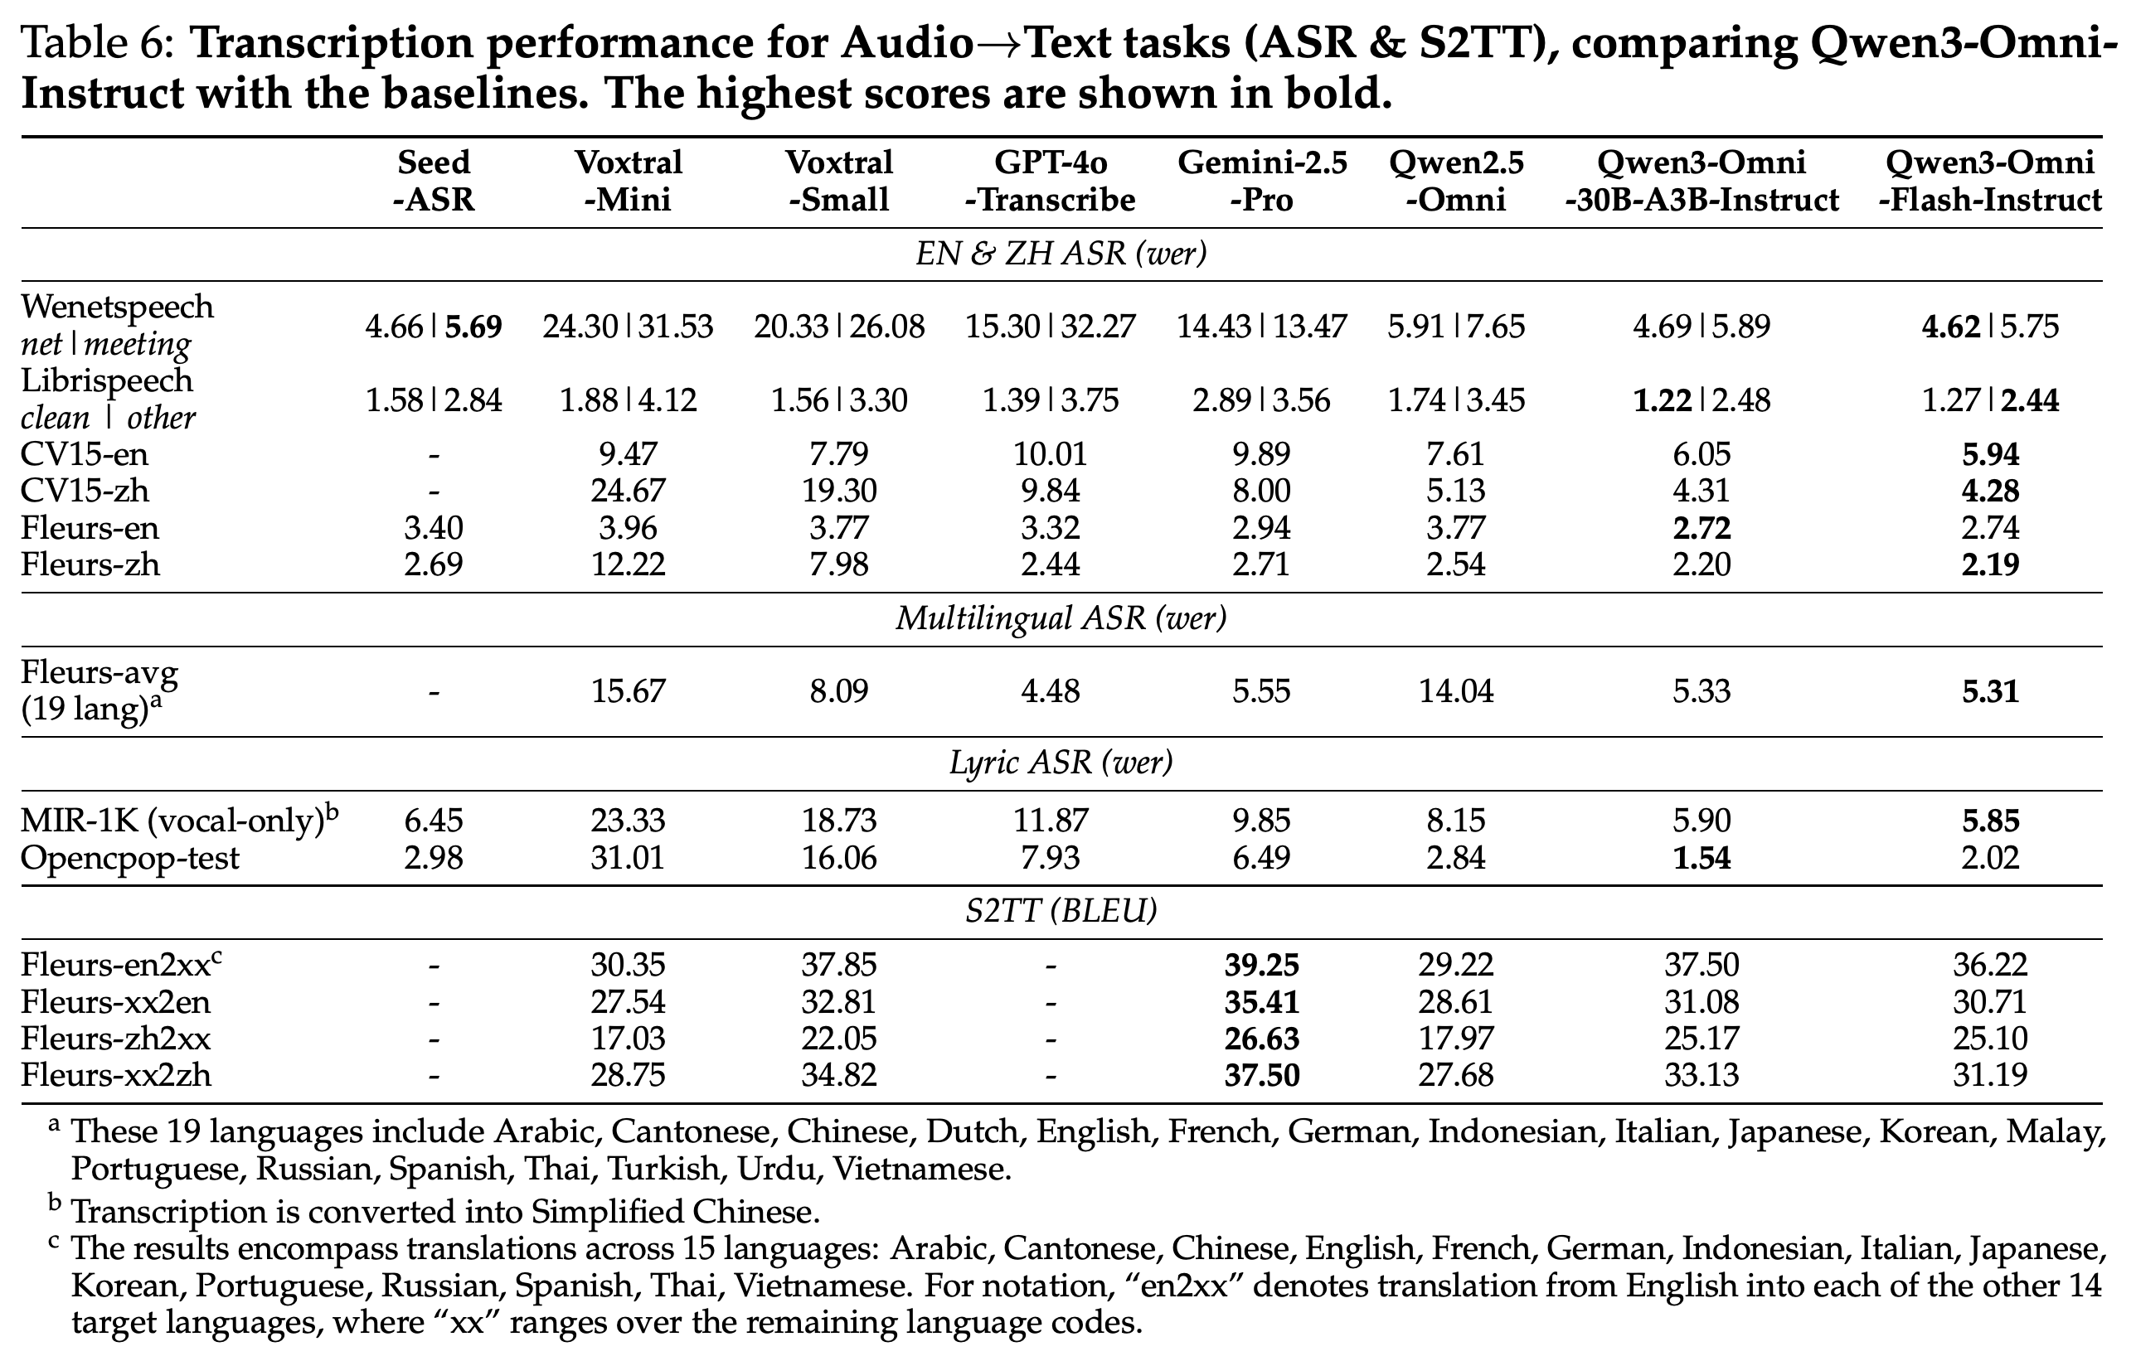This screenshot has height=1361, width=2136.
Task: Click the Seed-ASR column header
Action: (434, 181)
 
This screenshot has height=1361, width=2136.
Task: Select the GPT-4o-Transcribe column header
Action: (1051, 181)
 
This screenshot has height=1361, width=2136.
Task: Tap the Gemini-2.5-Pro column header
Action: (1261, 181)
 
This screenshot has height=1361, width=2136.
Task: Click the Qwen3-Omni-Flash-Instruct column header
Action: (1991, 181)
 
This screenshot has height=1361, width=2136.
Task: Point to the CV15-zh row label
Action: (85, 491)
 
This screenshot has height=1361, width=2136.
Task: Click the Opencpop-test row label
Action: (130, 858)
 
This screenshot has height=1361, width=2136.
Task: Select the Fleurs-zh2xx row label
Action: (116, 1039)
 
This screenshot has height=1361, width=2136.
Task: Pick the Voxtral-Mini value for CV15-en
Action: (628, 454)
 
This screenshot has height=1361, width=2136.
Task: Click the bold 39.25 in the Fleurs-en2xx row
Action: (1261, 965)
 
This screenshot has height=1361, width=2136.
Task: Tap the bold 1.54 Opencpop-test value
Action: (1702, 858)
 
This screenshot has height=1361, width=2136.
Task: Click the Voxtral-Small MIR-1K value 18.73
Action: (839, 820)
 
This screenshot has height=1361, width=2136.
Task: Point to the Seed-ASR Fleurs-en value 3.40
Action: (434, 527)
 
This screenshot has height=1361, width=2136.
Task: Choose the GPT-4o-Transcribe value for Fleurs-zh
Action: (1051, 564)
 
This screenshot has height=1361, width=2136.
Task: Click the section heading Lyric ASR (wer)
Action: (1061, 763)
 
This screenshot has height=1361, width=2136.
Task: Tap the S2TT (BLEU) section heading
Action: (1061, 912)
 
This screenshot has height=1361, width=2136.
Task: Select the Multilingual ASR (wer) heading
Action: (1061, 618)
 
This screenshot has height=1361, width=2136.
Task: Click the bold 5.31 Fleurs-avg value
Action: (1991, 690)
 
